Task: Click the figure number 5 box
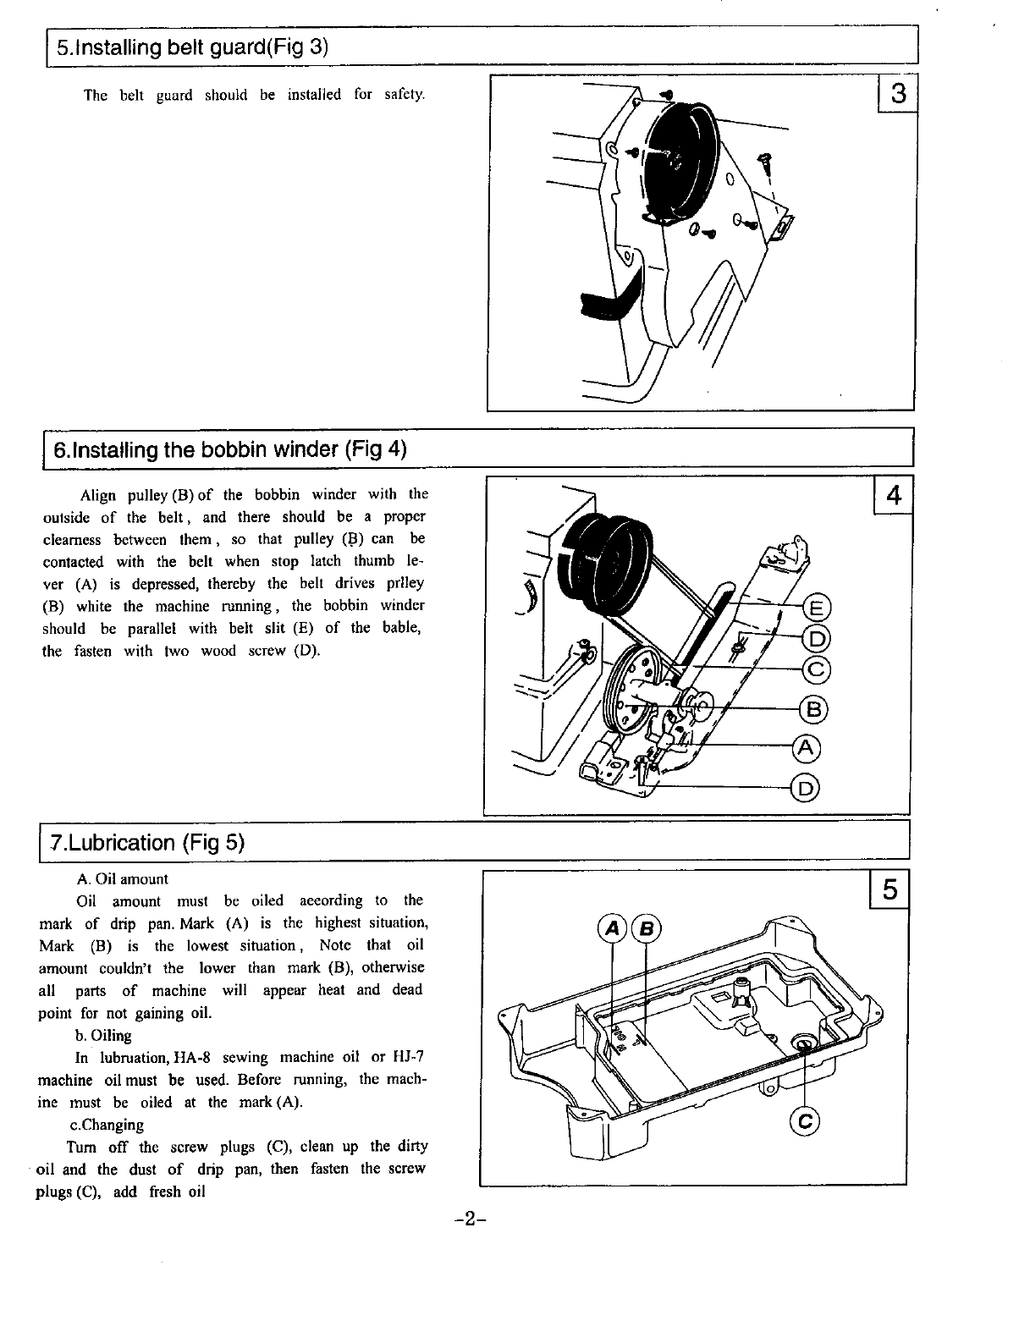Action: [890, 889]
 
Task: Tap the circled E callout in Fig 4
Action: [817, 609]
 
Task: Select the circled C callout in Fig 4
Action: [817, 669]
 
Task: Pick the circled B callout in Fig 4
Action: [813, 709]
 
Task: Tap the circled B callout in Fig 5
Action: [647, 928]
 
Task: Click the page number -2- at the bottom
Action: [470, 1219]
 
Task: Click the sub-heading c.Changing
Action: [107, 1125]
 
